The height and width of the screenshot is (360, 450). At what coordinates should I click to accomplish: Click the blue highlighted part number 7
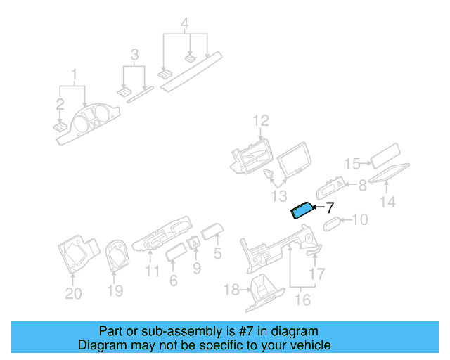click(x=302, y=210)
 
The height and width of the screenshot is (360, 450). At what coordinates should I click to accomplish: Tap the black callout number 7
click(x=330, y=207)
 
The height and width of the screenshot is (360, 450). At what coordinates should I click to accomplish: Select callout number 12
click(x=261, y=121)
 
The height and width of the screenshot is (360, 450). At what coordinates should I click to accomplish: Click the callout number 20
click(x=73, y=293)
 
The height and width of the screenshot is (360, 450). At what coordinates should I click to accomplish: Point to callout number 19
click(x=115, y=291)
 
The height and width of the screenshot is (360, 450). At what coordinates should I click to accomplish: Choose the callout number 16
click(x=302, y=300)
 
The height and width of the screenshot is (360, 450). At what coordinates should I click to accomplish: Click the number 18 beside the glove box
click(x=231, y=290)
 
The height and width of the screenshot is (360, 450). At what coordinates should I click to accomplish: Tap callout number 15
click(x=352, y=164)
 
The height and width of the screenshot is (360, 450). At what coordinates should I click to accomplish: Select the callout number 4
click(x=184, y=23)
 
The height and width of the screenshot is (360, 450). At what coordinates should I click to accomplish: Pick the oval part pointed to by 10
click(x=332, y=224)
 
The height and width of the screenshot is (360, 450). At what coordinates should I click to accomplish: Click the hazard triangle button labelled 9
click(x=194, y=244)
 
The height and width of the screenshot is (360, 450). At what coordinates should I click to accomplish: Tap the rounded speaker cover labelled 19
click(x=117, y=256)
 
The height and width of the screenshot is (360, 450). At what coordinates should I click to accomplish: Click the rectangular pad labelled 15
click(x=385, y=155)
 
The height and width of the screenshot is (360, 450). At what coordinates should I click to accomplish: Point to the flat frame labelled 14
click(x=389, y=173)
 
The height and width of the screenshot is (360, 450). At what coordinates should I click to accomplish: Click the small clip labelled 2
click(x=60, y=128)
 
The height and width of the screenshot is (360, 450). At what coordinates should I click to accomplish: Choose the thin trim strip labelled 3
click(x=141, y=95)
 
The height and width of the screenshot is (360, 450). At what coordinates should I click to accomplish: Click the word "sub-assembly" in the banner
click(x=181, y=331)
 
